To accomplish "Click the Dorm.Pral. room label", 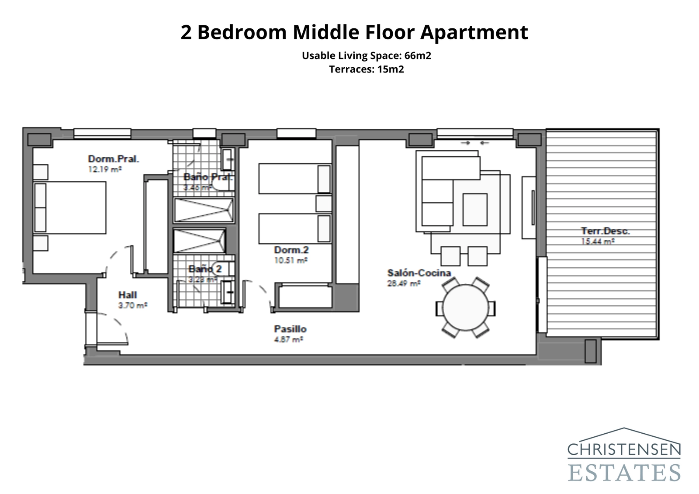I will click(x=113, y=159).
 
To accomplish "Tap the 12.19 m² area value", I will click(x=104, y=169).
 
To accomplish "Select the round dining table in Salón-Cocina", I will click(x=465, y=308).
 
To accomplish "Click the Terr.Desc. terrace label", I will click(x=605, y=231).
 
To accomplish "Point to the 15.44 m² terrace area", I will click(x=598, y=241).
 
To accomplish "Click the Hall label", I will click(x=127, y=295).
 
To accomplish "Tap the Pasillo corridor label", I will click(x=290, y=329).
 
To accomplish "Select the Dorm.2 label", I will click(x=291, y=250).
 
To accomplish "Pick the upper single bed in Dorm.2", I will click(x=294, y=178).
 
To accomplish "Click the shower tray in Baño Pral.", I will click(x=204, y=210).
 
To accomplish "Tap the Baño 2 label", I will click(x=205, y=269).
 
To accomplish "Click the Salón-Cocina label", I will click(x=419, y=273).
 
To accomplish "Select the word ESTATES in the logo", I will click(x=624, y=472).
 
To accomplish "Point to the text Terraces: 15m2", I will click(x=366, y=69).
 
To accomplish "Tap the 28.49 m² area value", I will click(x=403, y=283).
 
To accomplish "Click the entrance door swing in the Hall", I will click(x=114, y=328).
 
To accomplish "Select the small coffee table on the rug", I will click(x=474, y=210).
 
